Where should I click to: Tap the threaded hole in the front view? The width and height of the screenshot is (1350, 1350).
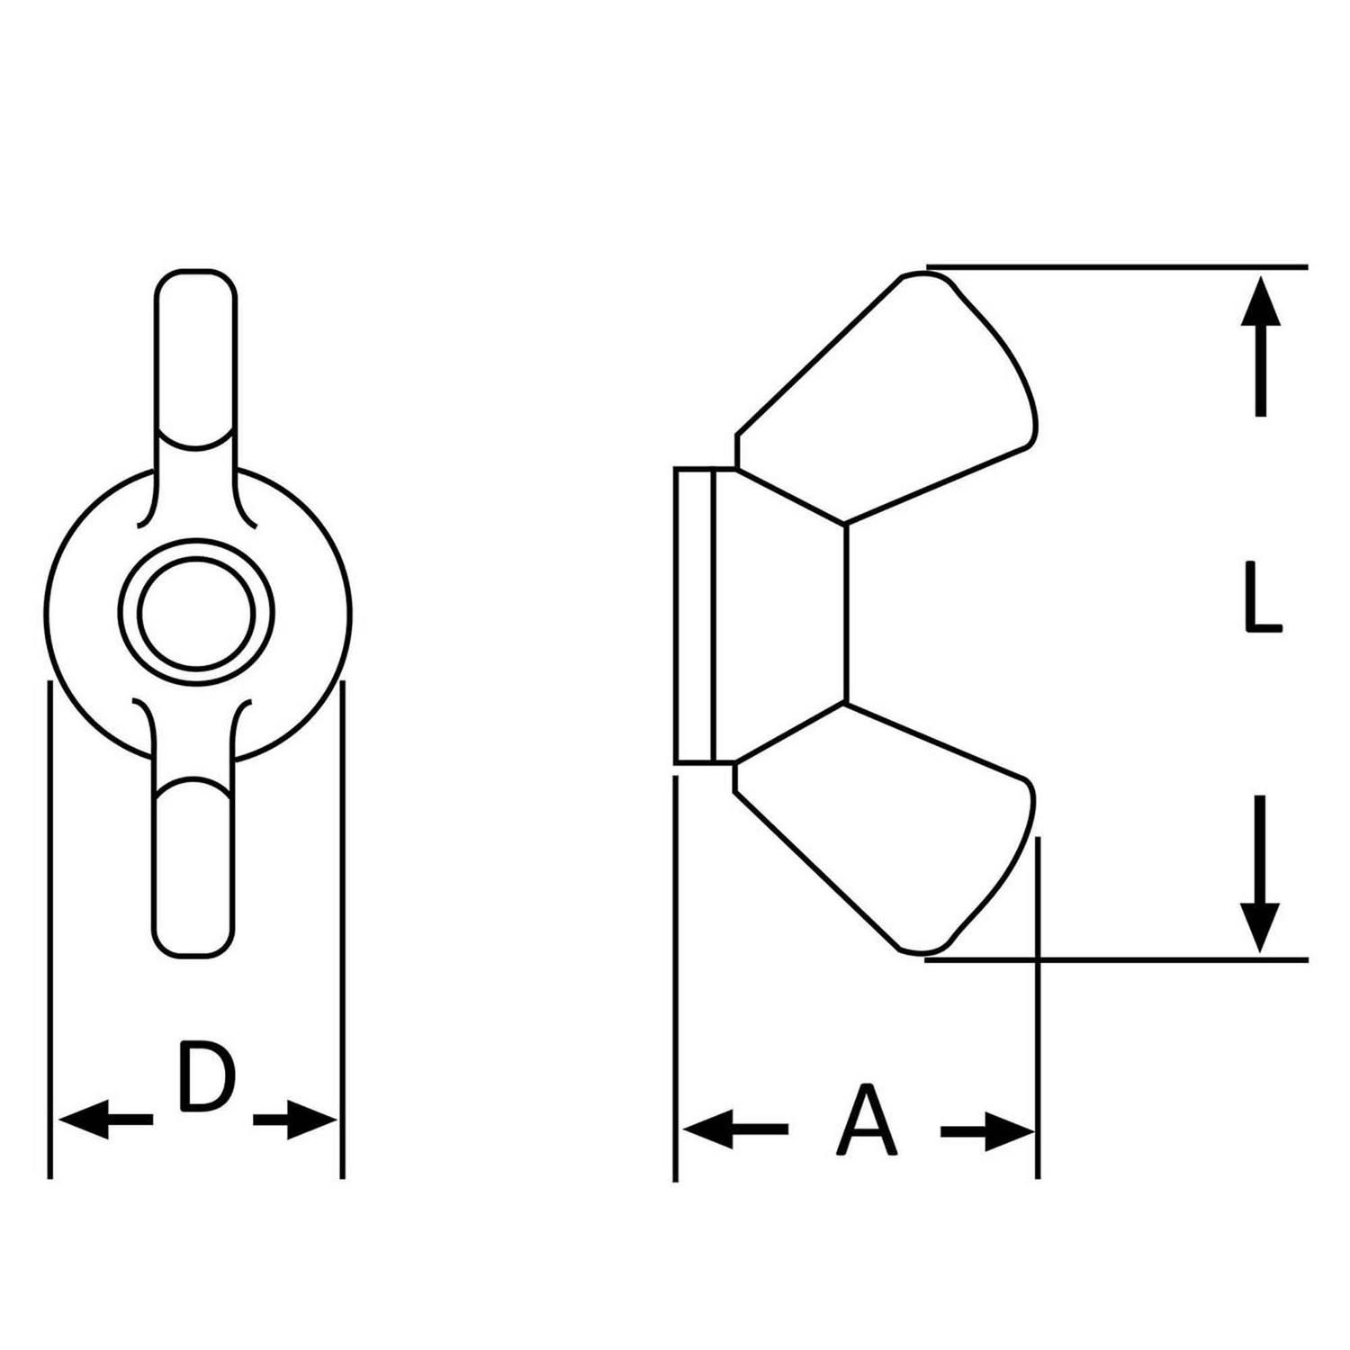(x=196, y=613)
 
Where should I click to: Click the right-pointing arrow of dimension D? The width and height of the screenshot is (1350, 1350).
(x=295, y=1120)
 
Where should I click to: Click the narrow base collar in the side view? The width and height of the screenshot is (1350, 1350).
(x=695, y=616)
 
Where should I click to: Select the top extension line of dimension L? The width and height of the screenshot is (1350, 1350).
(x=1117, y=267)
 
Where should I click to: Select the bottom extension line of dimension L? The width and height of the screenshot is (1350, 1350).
(x=1116, y=960)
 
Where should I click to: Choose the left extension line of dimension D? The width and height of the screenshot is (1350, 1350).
(x=50, y=930)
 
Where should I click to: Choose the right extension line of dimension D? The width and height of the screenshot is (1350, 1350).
(x=343, y=930)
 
